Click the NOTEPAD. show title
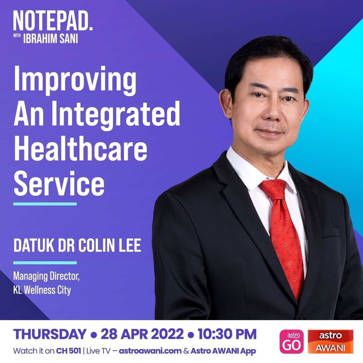tap(53, 21)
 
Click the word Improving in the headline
tap(75, 81)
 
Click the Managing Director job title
tap(46, 276)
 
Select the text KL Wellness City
tap(42, 290)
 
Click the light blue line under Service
tap(45, 204)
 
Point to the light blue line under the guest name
tap(45, 263)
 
